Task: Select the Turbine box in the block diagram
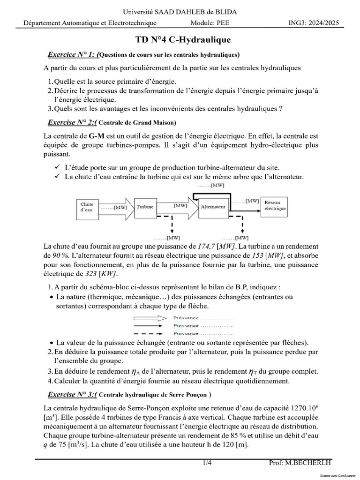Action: (145, 207)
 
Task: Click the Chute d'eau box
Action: (88, 207)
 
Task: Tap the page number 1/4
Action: (207, 463)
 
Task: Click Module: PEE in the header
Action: (210, 23)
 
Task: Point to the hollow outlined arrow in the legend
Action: (149, 317)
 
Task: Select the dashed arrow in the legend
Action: (149, 334)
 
